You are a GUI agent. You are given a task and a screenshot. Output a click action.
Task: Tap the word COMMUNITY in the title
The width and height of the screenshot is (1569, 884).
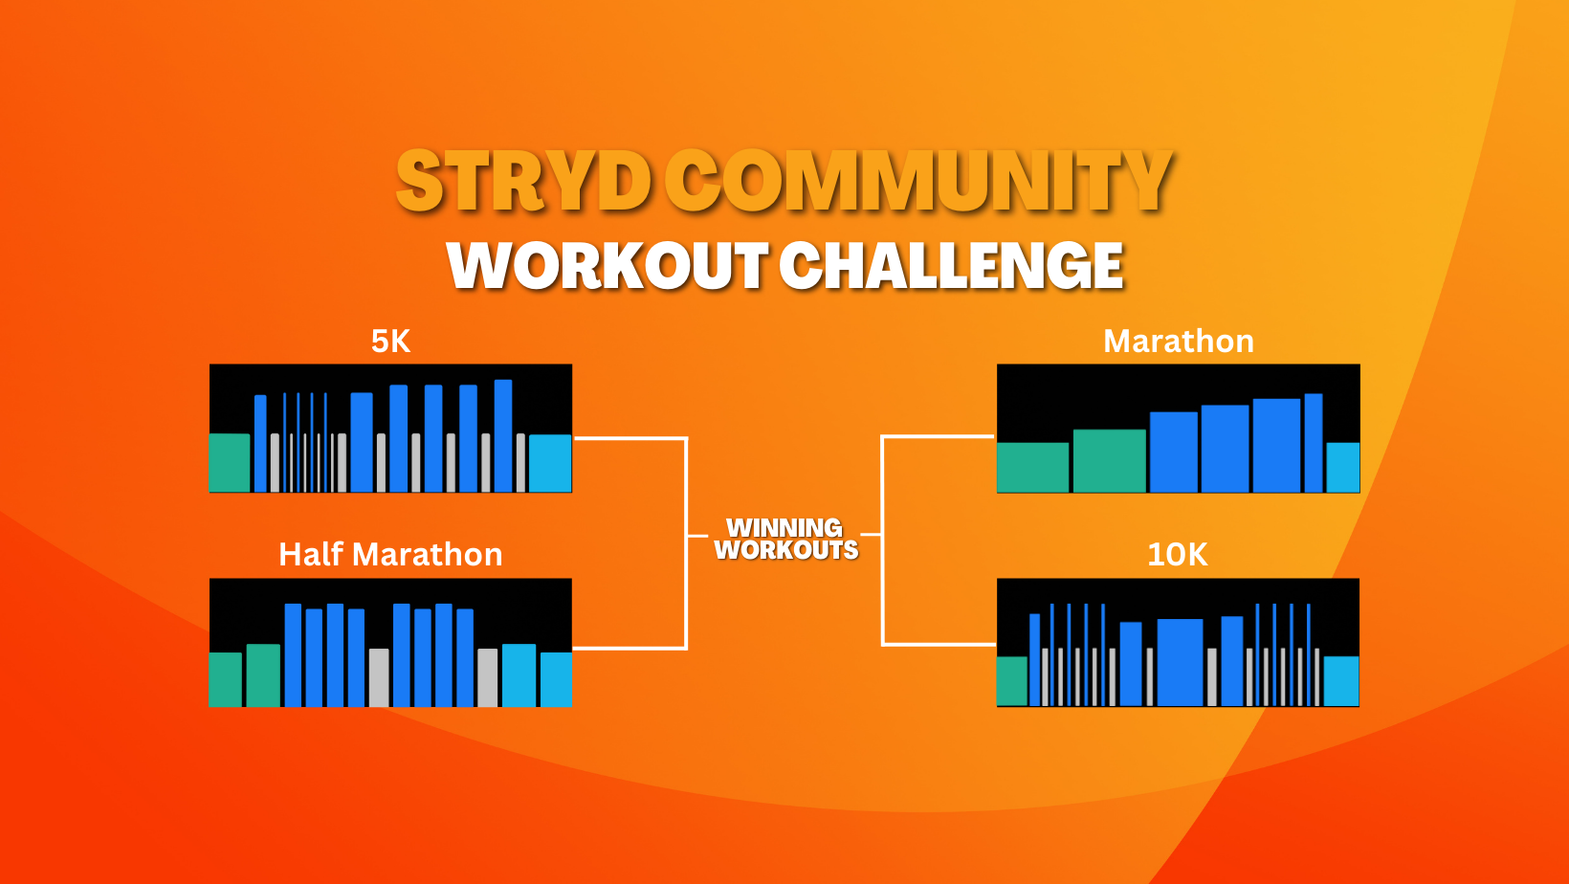click(918, 181)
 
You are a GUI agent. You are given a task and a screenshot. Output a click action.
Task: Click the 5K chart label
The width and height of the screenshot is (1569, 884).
click(390, 342)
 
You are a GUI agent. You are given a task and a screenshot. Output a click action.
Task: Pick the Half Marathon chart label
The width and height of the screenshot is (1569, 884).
click(390, 554)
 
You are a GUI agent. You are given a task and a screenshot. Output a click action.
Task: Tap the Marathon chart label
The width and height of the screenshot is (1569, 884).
click(1178, 342)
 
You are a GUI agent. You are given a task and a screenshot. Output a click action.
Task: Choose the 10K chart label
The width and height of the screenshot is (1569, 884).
click(1178, 554)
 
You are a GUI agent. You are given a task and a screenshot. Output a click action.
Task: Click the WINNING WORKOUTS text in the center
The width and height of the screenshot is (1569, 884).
click(785, 539)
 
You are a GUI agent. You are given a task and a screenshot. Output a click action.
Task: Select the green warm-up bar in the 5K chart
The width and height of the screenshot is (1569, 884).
click(230, 463)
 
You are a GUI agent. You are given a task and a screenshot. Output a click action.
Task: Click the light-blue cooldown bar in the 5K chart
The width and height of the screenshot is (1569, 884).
click(550, 464)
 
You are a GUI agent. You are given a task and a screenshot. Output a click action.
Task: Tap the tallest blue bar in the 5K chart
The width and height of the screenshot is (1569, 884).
click(503, 435)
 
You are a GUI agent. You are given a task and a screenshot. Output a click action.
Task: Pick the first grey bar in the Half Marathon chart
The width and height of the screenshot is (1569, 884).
click(379, 677)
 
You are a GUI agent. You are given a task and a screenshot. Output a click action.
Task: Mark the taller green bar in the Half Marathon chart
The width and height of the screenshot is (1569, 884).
click(263, 675)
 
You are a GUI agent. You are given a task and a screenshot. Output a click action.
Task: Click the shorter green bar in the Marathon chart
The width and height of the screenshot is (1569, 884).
click(1033, 467)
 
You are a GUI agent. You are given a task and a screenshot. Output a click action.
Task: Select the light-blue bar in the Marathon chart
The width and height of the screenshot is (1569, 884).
click(1343, 467)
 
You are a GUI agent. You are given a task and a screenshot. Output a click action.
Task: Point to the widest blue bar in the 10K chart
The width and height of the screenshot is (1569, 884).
click(1181, 662)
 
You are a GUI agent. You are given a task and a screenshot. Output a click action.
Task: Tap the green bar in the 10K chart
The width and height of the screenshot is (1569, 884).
click(1012, 681)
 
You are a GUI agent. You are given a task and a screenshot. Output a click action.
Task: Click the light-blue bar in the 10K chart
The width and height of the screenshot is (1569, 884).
click(1341, 681)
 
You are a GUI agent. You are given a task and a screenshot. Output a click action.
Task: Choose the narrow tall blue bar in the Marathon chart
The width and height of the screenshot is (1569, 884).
click(1314, 443)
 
